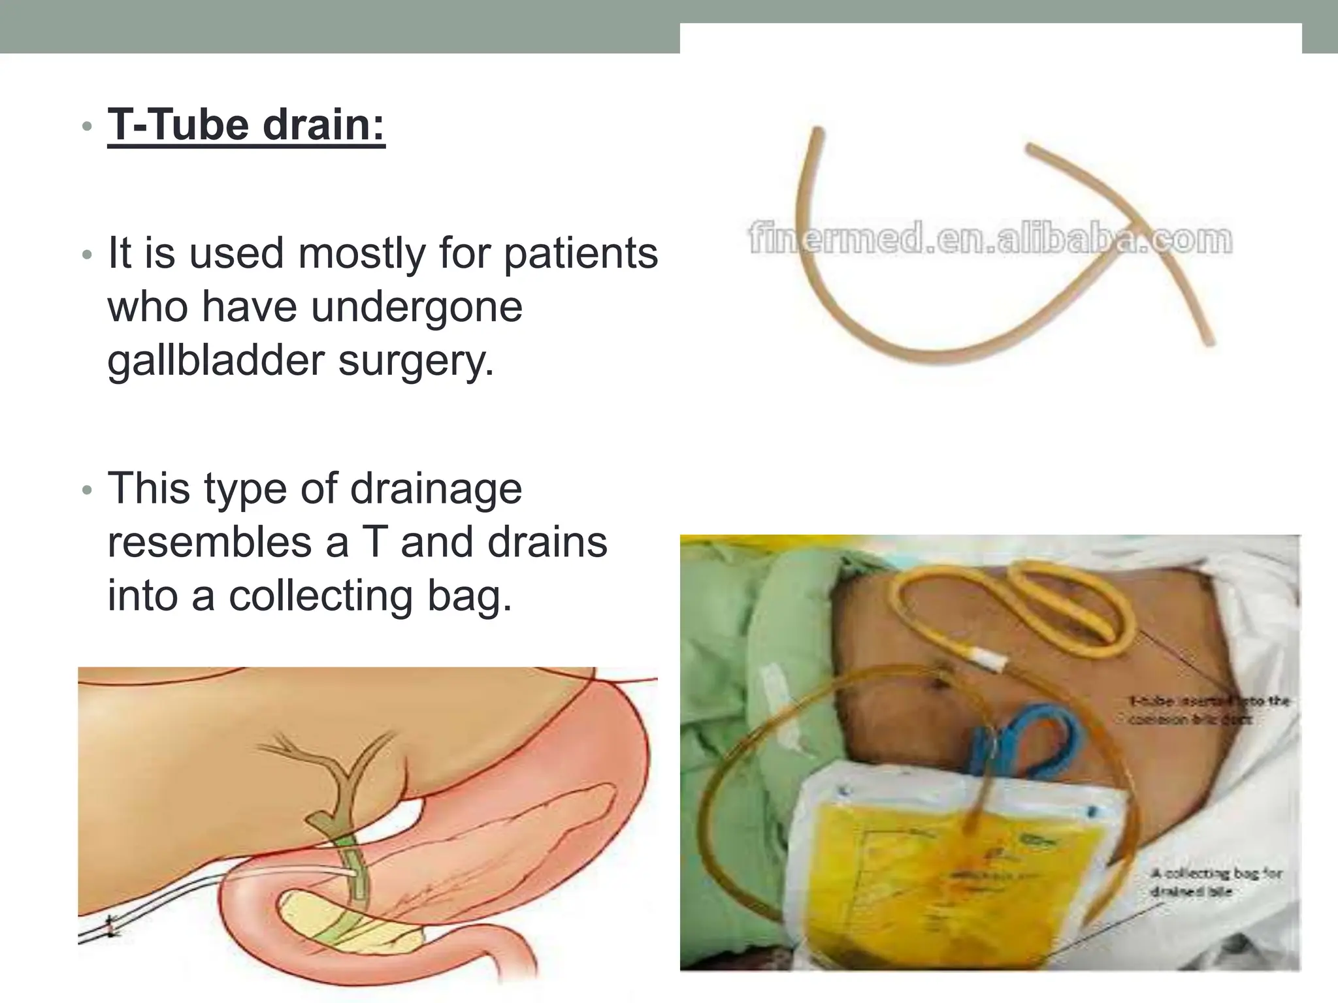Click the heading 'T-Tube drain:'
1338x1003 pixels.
[x=246, y=125]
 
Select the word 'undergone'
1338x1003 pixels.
[x=417, y=307]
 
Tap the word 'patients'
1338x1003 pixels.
[x=581, y=253]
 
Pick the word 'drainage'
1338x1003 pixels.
[x=436, y=488]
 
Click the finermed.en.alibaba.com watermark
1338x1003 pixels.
[x=990, y=240]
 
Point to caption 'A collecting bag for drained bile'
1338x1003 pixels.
[x=1215, y=882]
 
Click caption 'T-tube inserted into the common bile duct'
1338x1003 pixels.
[x=1209, y=710]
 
